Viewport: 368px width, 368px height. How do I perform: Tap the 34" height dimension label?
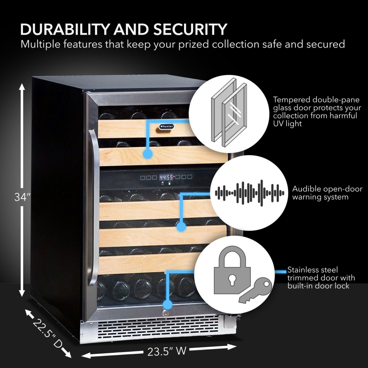[22, 197]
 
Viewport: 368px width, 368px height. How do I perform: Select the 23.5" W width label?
[167, 351]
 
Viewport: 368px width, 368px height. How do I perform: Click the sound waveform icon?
[249, 193]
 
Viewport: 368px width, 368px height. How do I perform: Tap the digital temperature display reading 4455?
[166, 177]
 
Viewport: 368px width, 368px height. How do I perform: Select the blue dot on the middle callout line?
[181, 227]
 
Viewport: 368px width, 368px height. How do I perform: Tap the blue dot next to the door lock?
[167, 305]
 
